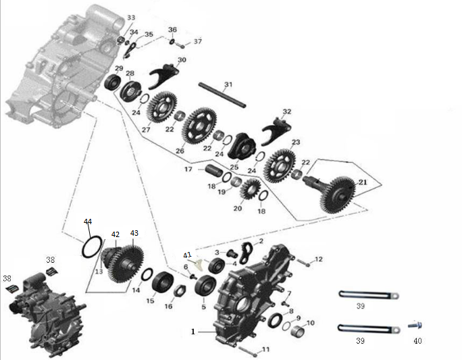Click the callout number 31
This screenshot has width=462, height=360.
tap(228, 84)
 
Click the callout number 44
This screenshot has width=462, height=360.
tap(88, 222)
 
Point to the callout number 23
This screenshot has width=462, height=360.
tap(295, 143)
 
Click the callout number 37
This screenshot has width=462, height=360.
tap(198, 42)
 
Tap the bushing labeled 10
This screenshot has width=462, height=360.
tap(299, 331)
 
